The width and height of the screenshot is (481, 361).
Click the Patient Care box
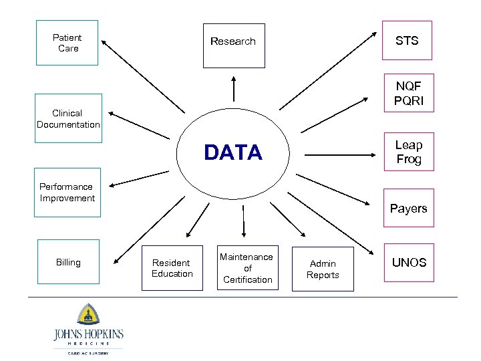point(67,43)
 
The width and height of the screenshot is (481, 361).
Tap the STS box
point(407,41)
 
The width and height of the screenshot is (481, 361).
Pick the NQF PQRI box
point(408,94)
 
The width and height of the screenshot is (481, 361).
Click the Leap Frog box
point(408,152)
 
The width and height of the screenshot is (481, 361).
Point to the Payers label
point(408,209)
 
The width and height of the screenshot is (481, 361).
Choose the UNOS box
point(408,262)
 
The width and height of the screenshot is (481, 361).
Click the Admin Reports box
point(323,269)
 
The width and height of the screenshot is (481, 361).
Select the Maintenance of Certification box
point(247,268)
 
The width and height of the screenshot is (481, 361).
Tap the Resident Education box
point(172,268)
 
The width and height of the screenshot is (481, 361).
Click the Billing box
point(68,262)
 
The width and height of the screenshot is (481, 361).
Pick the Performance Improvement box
point(67,193)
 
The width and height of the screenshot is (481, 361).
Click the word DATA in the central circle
point(233,153)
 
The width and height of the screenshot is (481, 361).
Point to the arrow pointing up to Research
point(234,87)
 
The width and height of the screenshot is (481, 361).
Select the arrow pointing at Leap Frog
point(341,155)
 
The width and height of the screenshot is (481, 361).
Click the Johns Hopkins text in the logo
point(88,334)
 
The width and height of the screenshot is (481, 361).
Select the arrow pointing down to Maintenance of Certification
point(243,221)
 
